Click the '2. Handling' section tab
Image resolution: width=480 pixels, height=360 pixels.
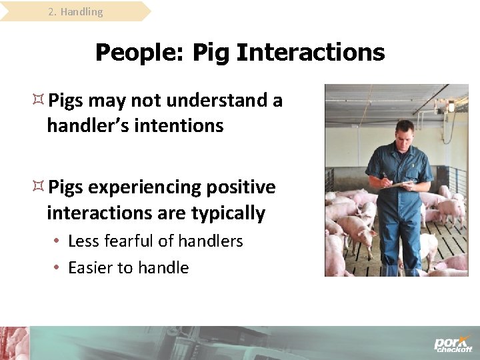[75, 12]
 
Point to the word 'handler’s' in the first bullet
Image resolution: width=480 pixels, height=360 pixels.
[87, 125]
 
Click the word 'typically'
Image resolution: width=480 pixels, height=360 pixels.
[228, 213]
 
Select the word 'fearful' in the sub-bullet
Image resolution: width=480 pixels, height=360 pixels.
[135, 241]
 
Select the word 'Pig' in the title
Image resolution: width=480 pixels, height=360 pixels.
[211, 53]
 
